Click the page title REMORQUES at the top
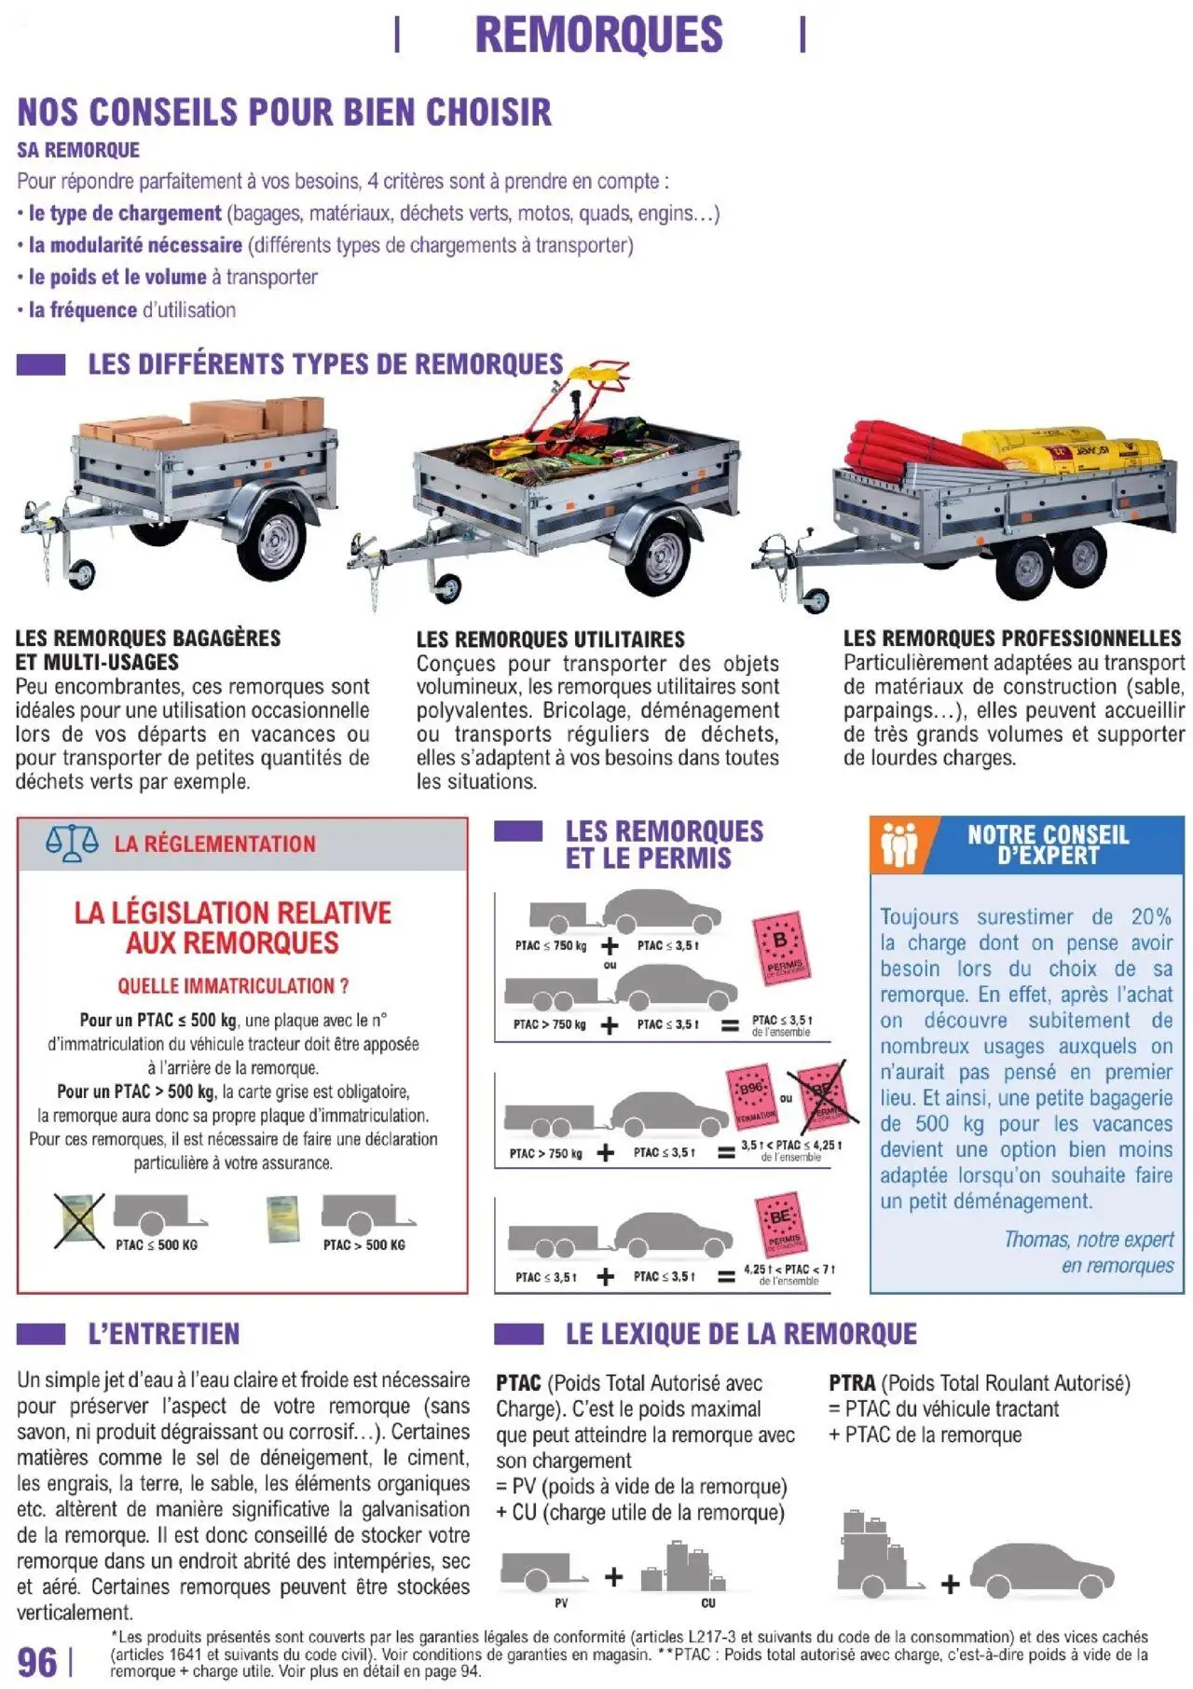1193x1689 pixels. pos(598,34)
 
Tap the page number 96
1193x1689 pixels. pos(37,1662)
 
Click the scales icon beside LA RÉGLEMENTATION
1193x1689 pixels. pos(72,843)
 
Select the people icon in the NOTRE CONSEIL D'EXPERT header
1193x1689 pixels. pos(898,844)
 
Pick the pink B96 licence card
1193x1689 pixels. pos(751,1095)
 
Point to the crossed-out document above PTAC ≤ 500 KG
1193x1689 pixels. pos(79,1219)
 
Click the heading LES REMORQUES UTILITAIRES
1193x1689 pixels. pos(550,639)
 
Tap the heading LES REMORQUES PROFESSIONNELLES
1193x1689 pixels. pos(1011,639)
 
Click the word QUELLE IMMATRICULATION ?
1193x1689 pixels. pos(232,985)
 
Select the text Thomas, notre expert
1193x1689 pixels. pos(1088,1239)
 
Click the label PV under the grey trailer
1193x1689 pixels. pos(560,1603)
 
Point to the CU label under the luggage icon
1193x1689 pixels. pos(707,1603)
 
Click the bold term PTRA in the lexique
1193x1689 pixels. pos(851,1383)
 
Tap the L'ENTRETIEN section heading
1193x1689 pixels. pos(163,1334)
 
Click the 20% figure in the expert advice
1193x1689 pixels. pos(1150,916)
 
